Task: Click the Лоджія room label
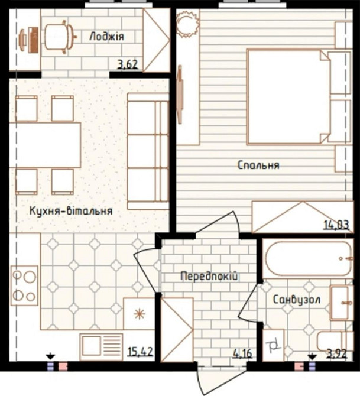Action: pos(106,37)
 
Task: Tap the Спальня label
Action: pos(258,165)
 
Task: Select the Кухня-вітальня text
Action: pos(71,210)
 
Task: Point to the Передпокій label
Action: pos(209,276)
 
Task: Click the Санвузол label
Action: pos(297,300)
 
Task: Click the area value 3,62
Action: pos(128,64)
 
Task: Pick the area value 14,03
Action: pos(336,224)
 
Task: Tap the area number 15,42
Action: pos(141,351)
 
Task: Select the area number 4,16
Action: pos(242,353)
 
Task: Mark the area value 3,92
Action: pos(337,353)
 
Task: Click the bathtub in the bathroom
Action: pos(308,258)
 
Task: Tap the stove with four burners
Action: pos(24,285)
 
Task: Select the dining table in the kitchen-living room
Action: pos(46,145)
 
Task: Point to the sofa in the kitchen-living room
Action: pos(148,151)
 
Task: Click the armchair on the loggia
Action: pos(60,37)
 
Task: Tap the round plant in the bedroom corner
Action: pos(187,24)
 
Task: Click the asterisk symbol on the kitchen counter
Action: pos(140,314)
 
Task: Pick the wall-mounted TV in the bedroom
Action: pos(180,95)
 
